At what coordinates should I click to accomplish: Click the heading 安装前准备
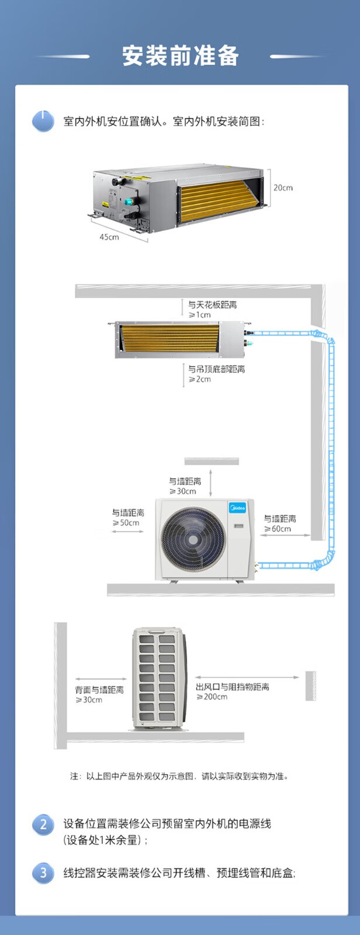[180, 56]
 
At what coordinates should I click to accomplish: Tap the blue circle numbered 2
[43, 825]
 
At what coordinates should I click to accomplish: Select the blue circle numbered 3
[43, 873]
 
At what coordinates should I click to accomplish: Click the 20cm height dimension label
[283, 188]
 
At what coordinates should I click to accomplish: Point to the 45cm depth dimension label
[109, 237]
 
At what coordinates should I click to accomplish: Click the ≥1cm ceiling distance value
[200, 315]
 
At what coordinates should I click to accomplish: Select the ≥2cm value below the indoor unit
[200, 379]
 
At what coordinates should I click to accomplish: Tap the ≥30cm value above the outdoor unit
[183, 491]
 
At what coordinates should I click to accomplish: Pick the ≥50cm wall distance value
[126, 523]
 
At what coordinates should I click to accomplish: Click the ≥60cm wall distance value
[278, 529]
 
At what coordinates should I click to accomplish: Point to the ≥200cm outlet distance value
[212, 697]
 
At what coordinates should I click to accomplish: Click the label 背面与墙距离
[99, 690]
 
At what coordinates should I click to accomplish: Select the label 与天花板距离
[212, 305]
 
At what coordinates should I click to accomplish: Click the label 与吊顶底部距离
[216, 369]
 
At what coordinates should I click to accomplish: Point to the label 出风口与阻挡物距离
[233, 687]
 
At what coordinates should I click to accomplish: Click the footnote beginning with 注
[179, 776]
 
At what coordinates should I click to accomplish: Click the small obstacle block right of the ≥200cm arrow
[310, 685]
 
